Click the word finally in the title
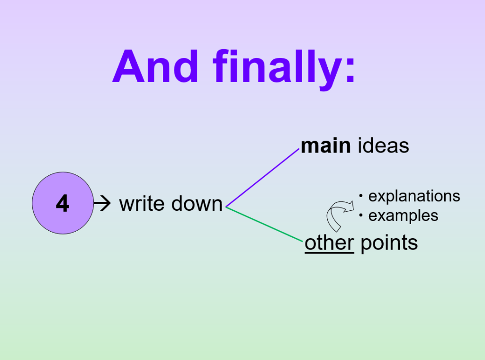tap(275, 67)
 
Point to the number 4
tap(63, 204)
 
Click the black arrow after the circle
tap(102, 204)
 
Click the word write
tap(142, 204)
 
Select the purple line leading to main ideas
tap(263, 178)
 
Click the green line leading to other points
tap(265, 224)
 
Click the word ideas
tap(383, 146)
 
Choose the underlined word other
tap(329, 243)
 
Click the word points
tap(389, 243)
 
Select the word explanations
tap(414, 196)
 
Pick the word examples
tap(403, 216)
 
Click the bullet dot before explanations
tap(361, 196)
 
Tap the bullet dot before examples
tap(361, 216)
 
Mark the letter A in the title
tap(127, 67)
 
